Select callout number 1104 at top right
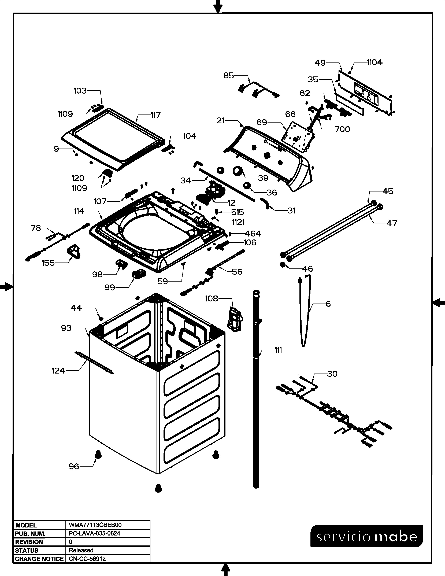(375, 62)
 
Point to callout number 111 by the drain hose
(278, 350)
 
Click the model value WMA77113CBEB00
(95, 525)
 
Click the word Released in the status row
(81, 550)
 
